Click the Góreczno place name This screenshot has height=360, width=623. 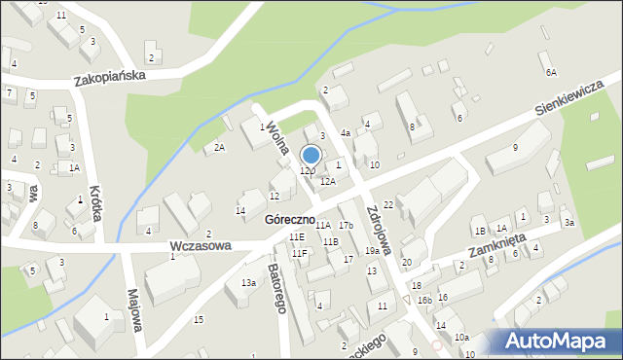[288, 220]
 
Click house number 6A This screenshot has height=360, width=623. [551, 72]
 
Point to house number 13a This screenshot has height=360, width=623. [249, 282]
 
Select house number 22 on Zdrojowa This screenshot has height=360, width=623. [387, 204]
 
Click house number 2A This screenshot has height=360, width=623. [220, 147]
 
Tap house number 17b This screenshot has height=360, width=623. [346, 226]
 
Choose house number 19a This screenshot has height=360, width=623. [372, 251]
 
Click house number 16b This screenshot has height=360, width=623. [424, 301]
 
